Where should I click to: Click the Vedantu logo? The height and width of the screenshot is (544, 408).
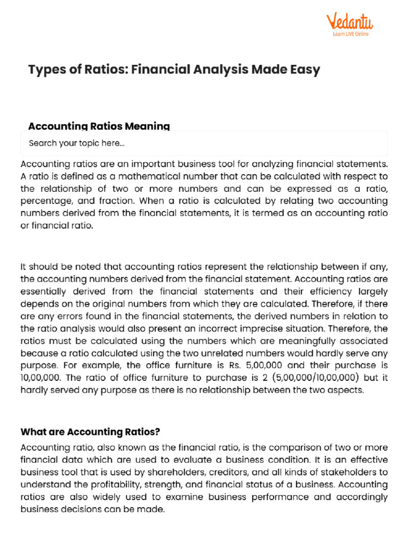[x=349, y=22]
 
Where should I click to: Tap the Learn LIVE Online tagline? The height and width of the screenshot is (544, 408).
[x=350, y=34]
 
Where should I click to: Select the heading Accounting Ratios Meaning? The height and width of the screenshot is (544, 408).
[x=99, y=126]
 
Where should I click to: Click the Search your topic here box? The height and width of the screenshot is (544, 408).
[x=204, y=143]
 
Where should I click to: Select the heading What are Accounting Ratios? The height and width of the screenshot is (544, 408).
[x=90, y=430]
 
